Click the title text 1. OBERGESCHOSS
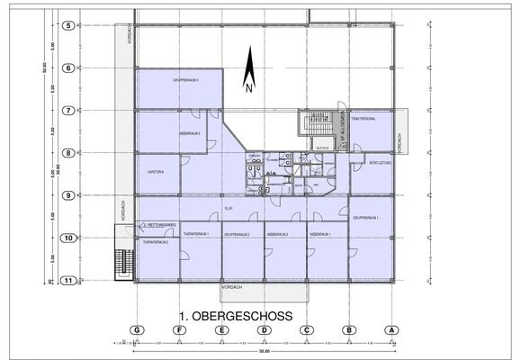pos(240,316)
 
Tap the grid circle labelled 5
pos(67,26)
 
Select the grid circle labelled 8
pos(67,153)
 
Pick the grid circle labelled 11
pos(67,280)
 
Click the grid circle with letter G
pos(137,329)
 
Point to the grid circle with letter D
pos(265,329)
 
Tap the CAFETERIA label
pos(148,170)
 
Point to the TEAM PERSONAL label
pos(364,119)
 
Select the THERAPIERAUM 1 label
pos(195,233)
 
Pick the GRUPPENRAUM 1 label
pos(364,218)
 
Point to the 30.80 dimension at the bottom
pos(263,351)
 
